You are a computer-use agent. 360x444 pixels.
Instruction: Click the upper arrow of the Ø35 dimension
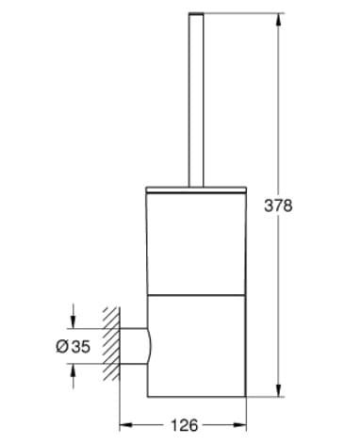(x=72, y=321)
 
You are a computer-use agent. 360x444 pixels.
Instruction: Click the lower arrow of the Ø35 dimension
(x=72, y=371)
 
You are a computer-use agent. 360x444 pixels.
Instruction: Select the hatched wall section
(x=110, y=346)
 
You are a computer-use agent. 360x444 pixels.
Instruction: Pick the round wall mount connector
(x=135, y=346)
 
